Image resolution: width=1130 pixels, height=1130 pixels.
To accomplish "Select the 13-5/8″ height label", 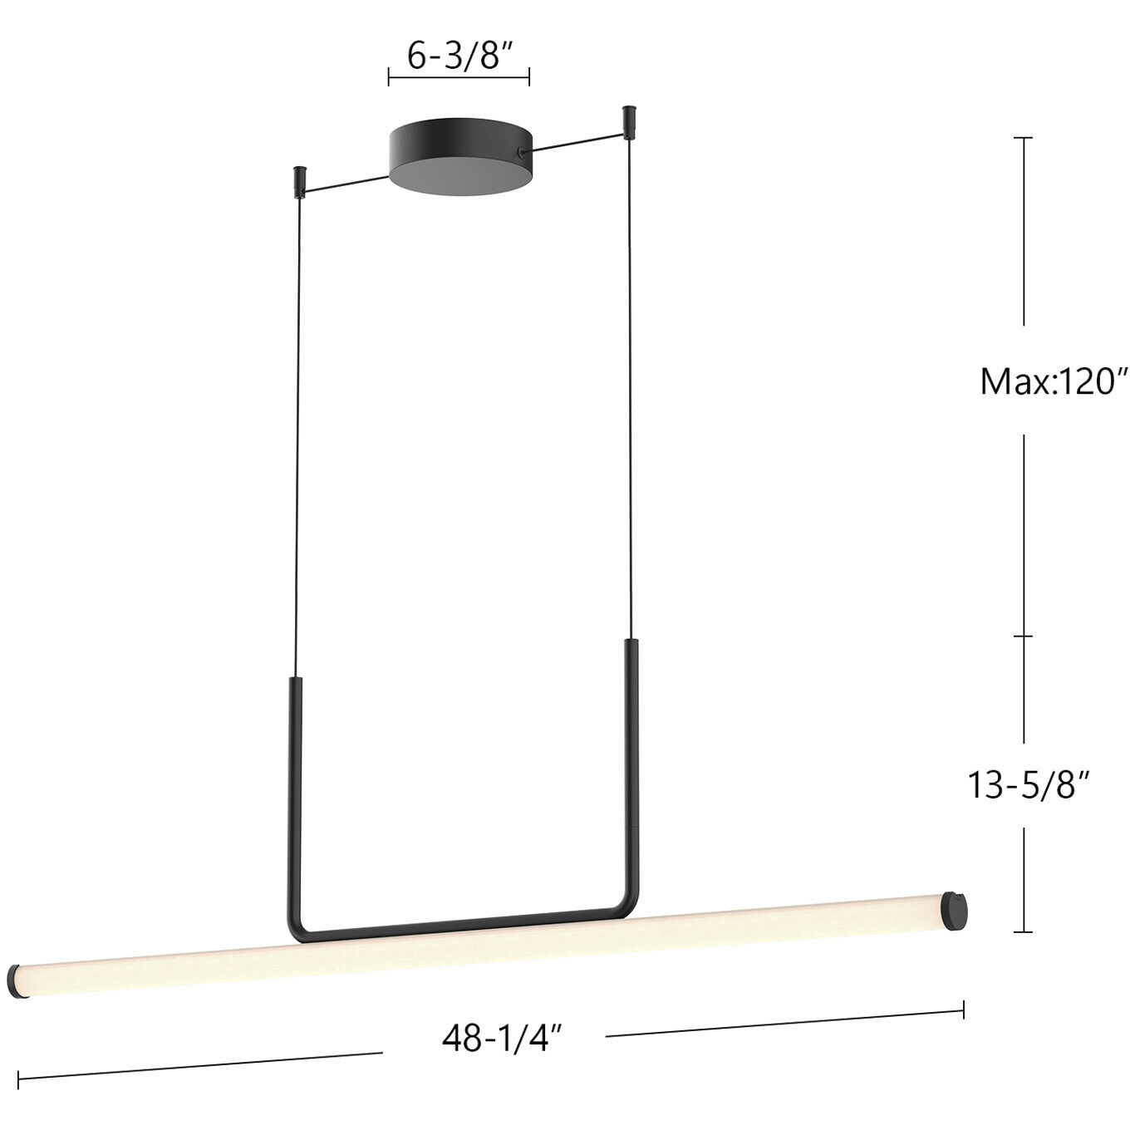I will (x=1028, y=784).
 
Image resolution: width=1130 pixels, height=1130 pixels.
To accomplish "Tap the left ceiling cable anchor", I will (x=298, y=180).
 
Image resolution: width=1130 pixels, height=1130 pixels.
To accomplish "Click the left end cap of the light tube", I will (x=14, y=981).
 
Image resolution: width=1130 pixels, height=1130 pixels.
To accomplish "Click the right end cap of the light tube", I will (x=956, y=911).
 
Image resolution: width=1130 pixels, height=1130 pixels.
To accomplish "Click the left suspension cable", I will (x=297, y=432).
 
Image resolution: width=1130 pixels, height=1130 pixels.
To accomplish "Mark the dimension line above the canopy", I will (x=459, y=78).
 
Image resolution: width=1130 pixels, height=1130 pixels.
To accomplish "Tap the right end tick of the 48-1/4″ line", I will (x=964, y=1010).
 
